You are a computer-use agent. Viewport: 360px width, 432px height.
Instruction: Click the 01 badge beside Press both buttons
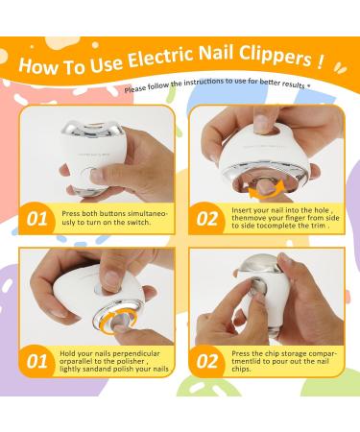coord(37,219)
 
